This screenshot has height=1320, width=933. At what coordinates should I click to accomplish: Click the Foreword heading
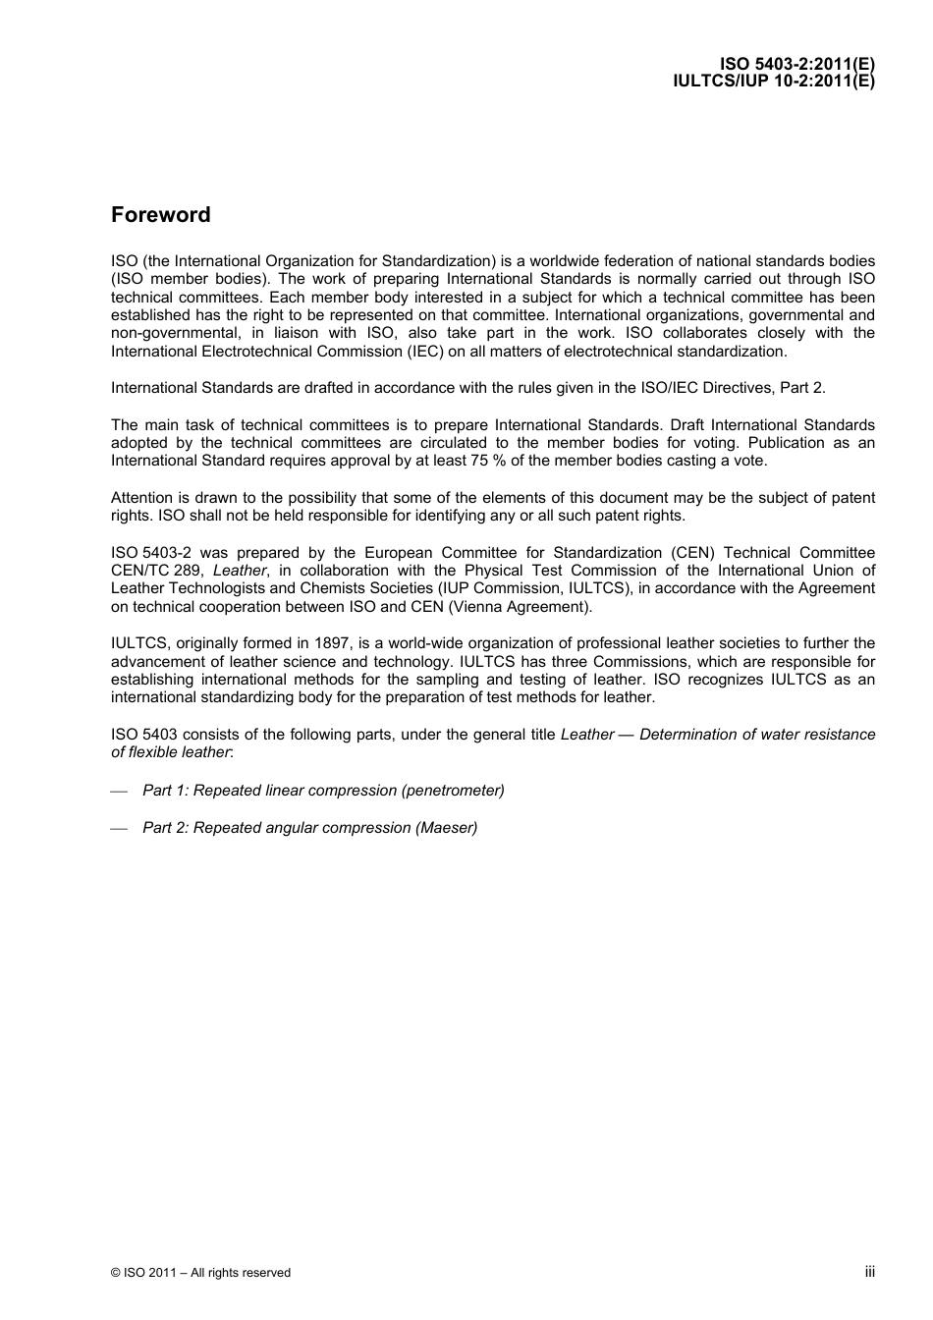(160, 215)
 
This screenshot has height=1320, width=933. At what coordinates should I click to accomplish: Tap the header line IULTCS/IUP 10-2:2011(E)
(773, 82)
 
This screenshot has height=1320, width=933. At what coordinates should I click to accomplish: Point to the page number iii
(869, 1271)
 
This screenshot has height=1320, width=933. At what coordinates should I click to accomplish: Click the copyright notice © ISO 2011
(200, 1273)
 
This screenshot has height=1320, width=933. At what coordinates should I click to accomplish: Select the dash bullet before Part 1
(120, 792)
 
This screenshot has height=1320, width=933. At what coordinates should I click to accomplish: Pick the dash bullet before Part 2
(120, 829)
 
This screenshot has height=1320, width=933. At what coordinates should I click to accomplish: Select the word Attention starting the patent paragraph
(141, 498)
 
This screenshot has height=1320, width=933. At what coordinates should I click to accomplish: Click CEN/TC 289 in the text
(156, 571)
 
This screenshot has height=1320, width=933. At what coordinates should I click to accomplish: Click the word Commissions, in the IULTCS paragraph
(639, 662)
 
